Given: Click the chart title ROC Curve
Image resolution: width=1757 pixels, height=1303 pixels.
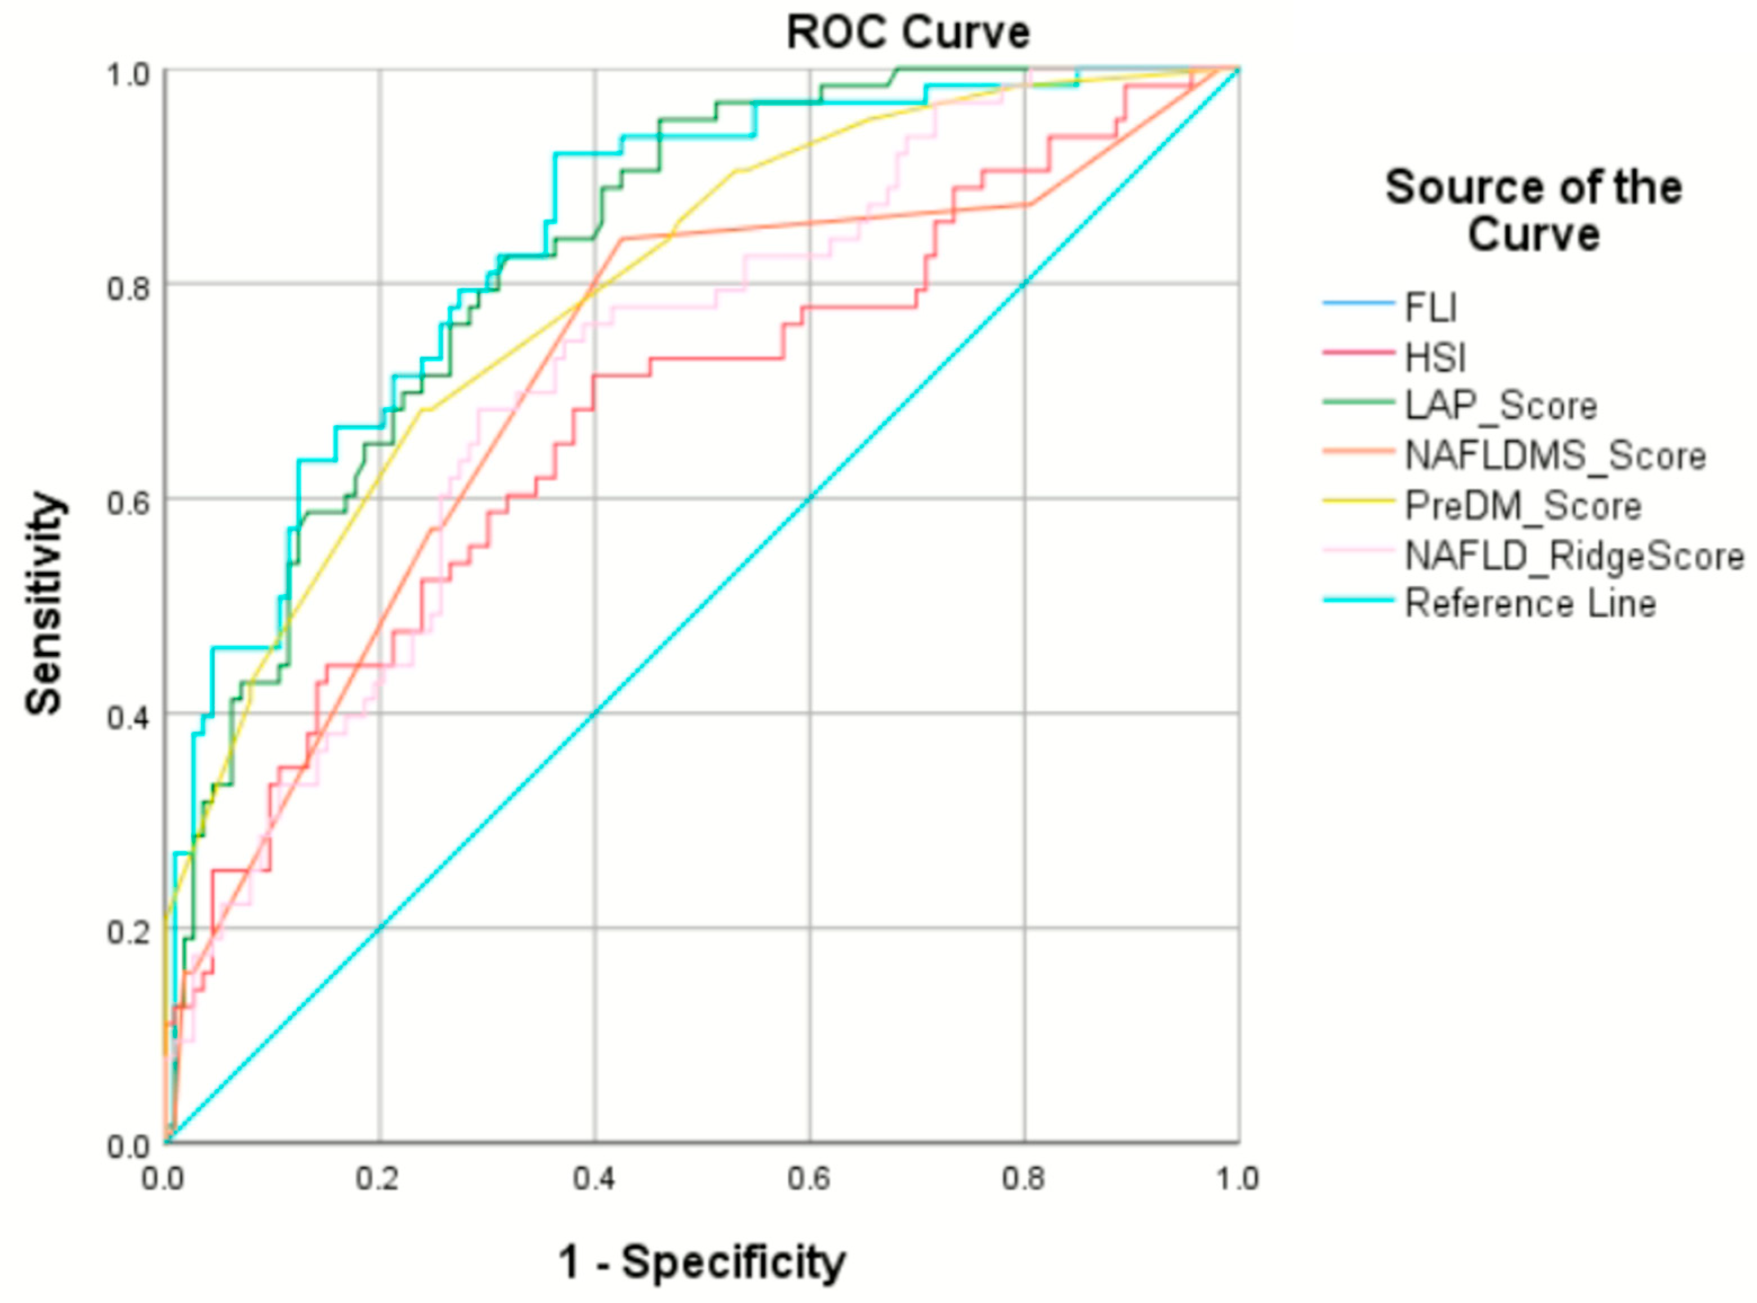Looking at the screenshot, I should coord(908,33).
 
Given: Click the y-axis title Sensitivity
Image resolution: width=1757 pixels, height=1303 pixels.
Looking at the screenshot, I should coord(44,604).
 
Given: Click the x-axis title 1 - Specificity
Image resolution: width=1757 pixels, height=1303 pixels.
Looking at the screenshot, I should coord(702,1261).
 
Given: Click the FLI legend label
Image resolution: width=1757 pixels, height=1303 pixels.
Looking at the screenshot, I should coord(1430,307).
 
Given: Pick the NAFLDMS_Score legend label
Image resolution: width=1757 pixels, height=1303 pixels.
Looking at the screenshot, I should coord(1555,456).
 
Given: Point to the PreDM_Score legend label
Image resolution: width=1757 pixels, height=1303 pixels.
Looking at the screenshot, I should coord(1523,506).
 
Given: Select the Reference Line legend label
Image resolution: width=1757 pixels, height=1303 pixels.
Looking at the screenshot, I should coord(1530,604).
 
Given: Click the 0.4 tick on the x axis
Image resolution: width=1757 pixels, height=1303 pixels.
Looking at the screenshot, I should coord(594,1179).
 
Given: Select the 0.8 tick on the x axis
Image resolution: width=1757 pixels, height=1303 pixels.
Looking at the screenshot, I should coord(1024,1179).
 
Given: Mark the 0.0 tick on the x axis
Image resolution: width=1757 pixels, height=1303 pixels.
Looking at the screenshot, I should coord(163,1179).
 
